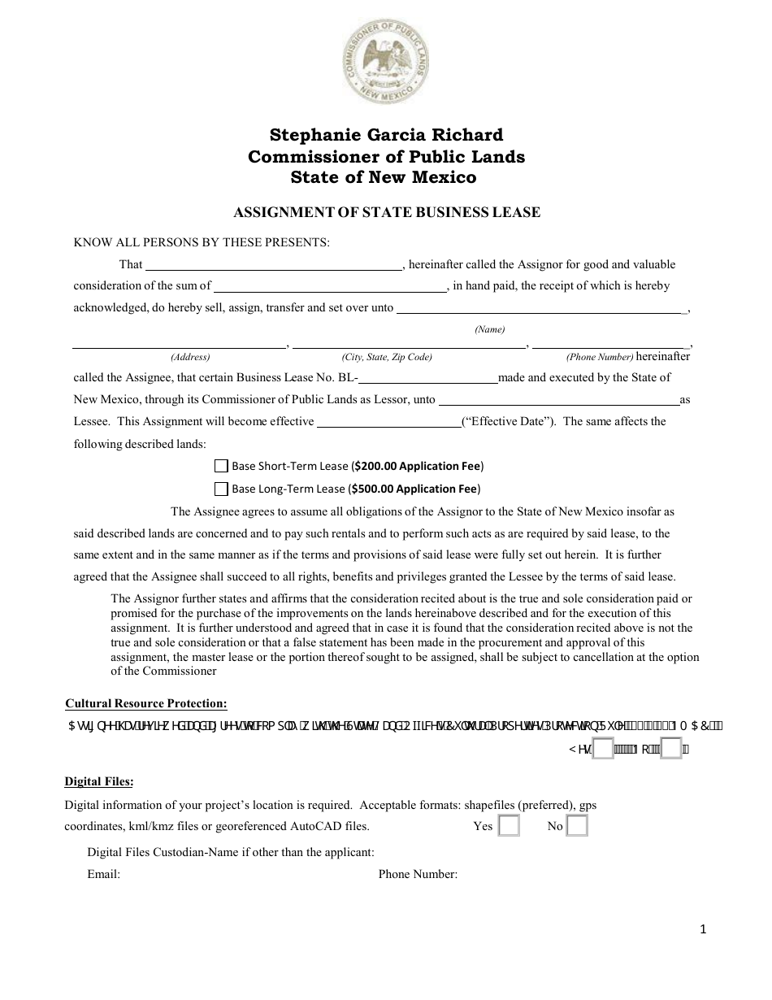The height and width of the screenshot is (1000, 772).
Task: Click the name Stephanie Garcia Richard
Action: pyautogui.click(x=386, y=135)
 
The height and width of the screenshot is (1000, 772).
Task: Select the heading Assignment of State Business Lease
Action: pyautogui.click(x=387, y=213)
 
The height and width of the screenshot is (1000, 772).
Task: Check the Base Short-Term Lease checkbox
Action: pyautogui.click(x=221, y=466)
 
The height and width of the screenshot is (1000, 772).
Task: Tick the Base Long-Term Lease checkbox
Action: pyautogui.click(x=221, y=489)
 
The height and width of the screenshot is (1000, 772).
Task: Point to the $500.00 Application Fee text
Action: pyautogui.click(x=416, y=489)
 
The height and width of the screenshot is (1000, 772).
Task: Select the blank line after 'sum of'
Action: pyautogui.click(x=330, y=285)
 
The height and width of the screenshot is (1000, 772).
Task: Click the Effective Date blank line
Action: pyautogui.click(x=388, y=421)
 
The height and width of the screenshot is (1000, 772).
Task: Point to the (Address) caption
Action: pyautogui.click(x=190, y=357)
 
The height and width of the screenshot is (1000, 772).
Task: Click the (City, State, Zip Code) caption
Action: pyautogui.click(x=387, y=357)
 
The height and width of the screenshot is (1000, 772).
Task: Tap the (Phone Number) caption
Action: pyautogui.click(x=600, y=357)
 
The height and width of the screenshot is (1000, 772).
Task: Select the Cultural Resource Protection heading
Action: pyautogui.click(x=146, y=704)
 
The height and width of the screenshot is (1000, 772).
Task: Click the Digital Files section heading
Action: pyautogui.click(x=99, y=782)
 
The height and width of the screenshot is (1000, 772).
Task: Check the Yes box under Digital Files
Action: pyautogui.click(x=508, y=826)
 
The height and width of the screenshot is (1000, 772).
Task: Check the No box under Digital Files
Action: pyautogui.click(x=577, y=826)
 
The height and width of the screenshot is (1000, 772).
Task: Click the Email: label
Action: pyautogui.click(x=103, y=875)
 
